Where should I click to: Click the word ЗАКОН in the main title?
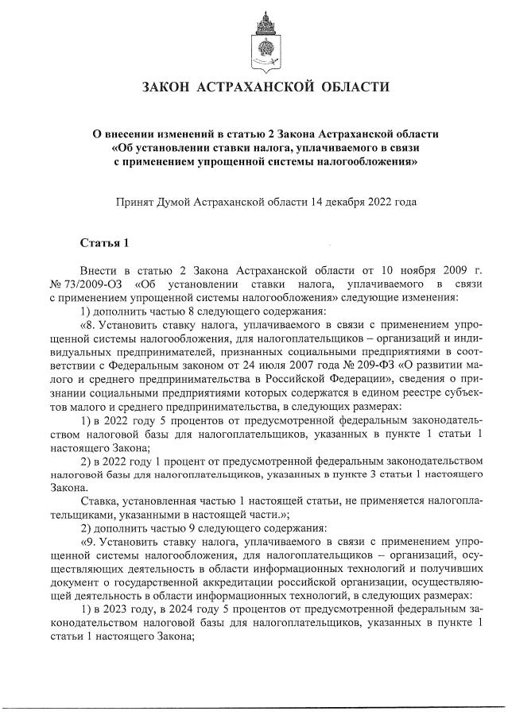pyautogui.click(x=169, y=87)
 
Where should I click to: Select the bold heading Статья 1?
pyautogui.click(x=103, y=242)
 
